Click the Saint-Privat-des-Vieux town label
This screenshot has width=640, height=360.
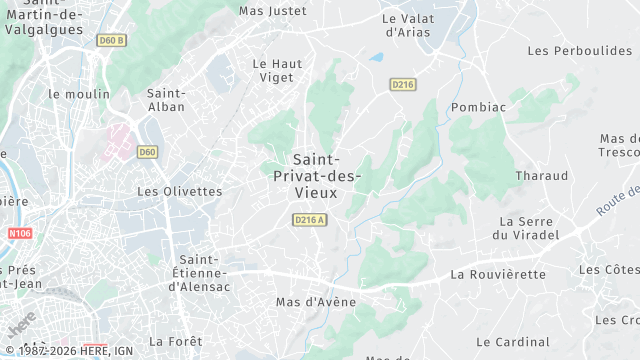point(317,176)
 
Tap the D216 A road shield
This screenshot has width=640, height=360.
point(310,220)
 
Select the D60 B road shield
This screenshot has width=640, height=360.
point(111,41)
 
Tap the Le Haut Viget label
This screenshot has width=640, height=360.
point(277,70)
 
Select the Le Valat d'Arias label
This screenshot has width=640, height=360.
point(406,25)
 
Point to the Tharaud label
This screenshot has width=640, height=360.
point(541,176)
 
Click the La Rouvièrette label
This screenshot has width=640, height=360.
point(498,274)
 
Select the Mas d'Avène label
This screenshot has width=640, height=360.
point(316,302)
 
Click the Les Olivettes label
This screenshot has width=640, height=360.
point(179,191)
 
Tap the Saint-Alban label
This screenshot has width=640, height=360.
point(166,100)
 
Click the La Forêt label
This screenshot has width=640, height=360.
point(175,341)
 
